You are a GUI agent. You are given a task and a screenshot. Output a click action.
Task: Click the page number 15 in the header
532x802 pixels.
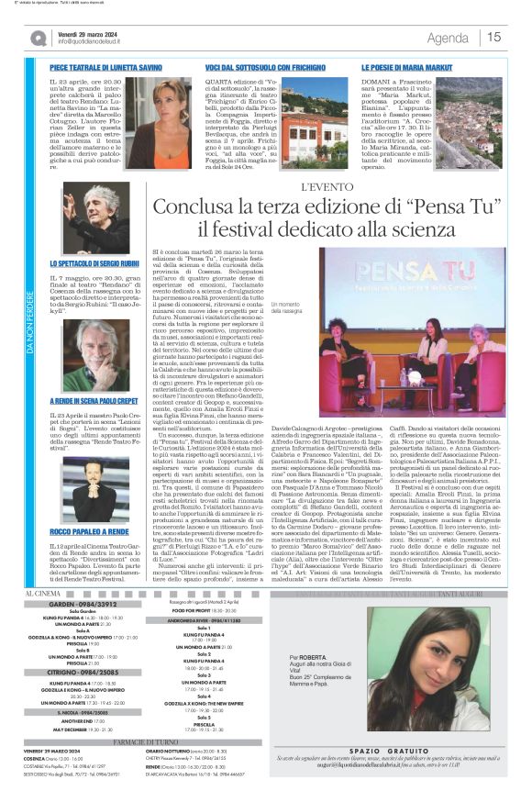[494, 37]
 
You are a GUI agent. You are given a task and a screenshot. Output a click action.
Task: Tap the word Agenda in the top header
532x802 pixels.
[448, 38]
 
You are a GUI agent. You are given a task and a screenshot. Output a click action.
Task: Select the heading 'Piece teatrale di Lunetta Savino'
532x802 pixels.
[106, 68]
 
